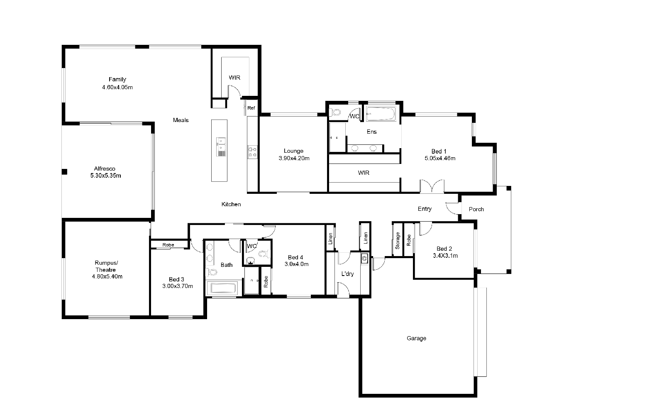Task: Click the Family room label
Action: pyautogui.click(x=117, y=79)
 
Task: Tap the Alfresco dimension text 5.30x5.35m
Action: pyautogui.click(x=105, y=176)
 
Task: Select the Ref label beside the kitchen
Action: pyautogui.click(x=251, y=108)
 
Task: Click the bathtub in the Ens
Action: pyautogui.click(x=381, y=114)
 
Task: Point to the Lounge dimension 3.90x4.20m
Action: pyautogui.click(x=294, y=158)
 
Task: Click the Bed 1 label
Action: pyautogui.click(x=439, y=151)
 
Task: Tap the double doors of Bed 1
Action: pyautogui.click(x=432, y=186)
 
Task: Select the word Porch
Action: pyautogui.click(x=476, y=209)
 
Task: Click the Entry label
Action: pyautogui.click(x=425, y=209)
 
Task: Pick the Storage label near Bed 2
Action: pyautogui.click(x=398, y=240)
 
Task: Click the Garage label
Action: pyautogui.click(x=416, y=338)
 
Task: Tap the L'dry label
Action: pyautogui.click(x=347, y=274)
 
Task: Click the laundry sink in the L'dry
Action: pyautogui.click(x=365, y=259)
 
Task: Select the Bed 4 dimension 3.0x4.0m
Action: pyautogui.click(x=296, y=264)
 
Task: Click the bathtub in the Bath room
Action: pyautogui.click(x=224, y=288)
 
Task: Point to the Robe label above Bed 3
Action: pyautogui.click(x=168, y=245)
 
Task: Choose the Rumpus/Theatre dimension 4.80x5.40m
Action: pyautogui.click(x=107, y=276)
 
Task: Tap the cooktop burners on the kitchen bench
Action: pyautogui.click(x=253, y=152)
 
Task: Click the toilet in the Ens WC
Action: pyautogui.click(x=335, y=112)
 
